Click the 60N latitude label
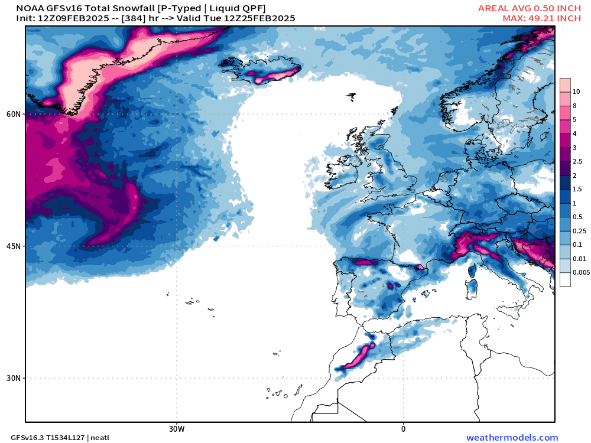tap(14, 114)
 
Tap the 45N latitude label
tap(14, 246)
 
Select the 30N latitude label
tap(14, 378)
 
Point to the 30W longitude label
tap(176, 428)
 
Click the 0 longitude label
tap(403, 428)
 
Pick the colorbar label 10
tap(576, 92)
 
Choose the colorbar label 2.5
tap(577, 161)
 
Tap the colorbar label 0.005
tap(580, 272)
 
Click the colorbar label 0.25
tap(579, 230)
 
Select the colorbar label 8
tap(575, 106)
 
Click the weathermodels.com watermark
tap(512, 438)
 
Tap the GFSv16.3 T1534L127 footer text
tap(47, 438)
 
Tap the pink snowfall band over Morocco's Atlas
tap(359, 357)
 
